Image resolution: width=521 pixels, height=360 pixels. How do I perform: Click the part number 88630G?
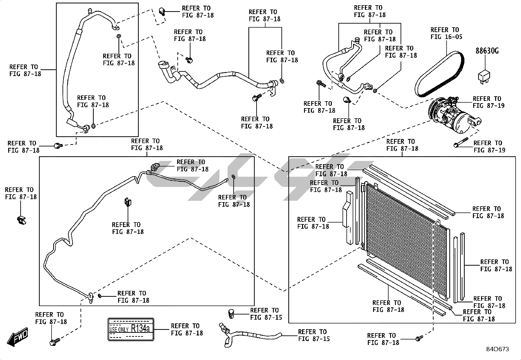pyautogui.click(x=487, y=51)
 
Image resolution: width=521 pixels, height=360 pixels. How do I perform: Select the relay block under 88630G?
pyautogui.click(x=484, y=77)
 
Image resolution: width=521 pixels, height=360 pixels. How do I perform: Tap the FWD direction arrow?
pyautogui.click(x=17, y=337)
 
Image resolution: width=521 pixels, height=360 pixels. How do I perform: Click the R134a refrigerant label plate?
pyautogui.click(x=131, y=329)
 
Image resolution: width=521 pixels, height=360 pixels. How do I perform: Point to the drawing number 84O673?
pyautogui.click(x=497, y=349)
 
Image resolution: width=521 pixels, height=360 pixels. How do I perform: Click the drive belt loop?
pyautogui.click(x=439, y=74)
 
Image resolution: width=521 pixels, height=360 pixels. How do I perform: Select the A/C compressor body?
pyautogui.click(x=454, y=115)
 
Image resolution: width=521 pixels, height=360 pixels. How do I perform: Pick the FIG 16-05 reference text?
pyautogui.click(x=446, y=37)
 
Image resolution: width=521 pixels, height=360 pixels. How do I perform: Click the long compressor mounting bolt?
pyautogui.click(x=461, y=142)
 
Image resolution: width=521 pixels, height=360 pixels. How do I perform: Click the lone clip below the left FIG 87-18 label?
pyautogui.click(x=21, y=220)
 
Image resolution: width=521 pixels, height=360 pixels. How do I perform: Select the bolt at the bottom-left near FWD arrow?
pyautogui.click(x=55, y=342)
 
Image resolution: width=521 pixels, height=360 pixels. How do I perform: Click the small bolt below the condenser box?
pyautogui.click(x=419, y=338)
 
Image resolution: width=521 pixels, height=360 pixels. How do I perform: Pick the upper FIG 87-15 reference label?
pyautogui.click(x=266, y=314)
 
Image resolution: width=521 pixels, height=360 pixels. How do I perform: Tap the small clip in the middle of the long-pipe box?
pyautogui.click(x=128, y=202)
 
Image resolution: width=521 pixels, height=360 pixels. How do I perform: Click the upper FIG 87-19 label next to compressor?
pyautogui.click(x=488, y=102)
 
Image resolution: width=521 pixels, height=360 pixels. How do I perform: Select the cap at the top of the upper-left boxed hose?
pyautogui.click(x=90, y=10)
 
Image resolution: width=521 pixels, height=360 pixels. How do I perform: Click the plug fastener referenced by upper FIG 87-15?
pyautogui.click(x=231, y=313)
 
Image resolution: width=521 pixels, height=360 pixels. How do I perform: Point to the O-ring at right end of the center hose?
pyautogui.click(x=282, y=81)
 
